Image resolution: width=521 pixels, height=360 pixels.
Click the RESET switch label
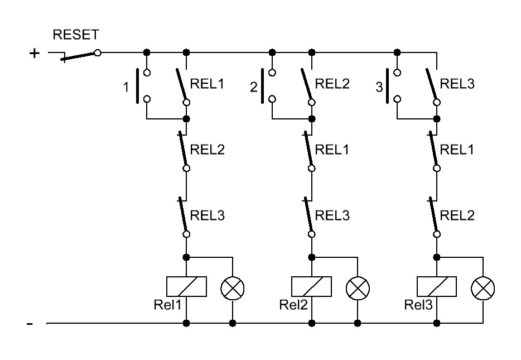coord(76,35)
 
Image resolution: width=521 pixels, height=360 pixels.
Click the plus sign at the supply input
coord(35,54)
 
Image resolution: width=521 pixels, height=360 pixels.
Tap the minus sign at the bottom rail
coord(31,324)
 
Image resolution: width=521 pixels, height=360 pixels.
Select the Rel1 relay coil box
coord(187,287)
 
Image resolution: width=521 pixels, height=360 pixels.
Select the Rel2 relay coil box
coord(312,287)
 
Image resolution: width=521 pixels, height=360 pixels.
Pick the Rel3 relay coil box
coord(437,287)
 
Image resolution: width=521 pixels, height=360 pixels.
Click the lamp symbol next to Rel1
coord(232,288)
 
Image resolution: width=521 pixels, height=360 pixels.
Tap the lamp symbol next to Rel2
coord(357,288)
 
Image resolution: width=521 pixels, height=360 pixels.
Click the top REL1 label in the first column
coord(208,84)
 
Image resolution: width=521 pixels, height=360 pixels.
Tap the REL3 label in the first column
coord(208,215)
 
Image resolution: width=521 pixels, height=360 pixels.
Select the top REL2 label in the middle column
coord(332,84)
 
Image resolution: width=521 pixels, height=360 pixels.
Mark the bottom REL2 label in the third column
coord(457,215)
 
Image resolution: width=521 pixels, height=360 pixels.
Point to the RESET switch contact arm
coord(78,56)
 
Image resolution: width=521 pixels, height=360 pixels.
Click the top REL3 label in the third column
coord(457,84)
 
